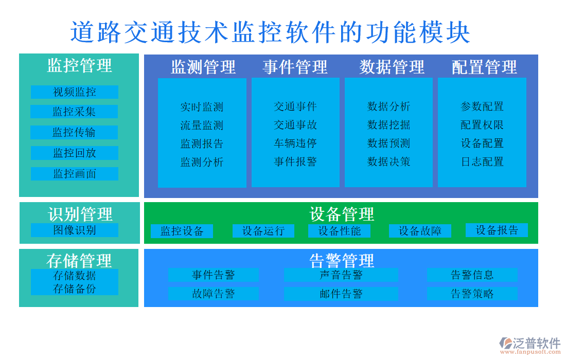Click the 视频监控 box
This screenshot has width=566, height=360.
coord(75,92)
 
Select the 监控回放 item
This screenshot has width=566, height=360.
coord(75,153)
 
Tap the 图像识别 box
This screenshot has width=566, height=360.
coord(75,230)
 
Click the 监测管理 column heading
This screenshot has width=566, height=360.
coord(203,67)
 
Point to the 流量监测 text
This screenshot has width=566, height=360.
coord(202,125)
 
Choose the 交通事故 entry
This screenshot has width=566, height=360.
coord(295,124)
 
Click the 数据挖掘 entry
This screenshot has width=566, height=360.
coord(388,124)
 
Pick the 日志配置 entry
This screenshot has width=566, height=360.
coord(482,161)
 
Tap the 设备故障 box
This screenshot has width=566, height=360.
coord(420,231)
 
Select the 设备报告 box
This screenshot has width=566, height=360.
coord(497,230)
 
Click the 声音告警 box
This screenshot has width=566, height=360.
coord(341,275)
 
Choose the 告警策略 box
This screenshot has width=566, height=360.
coord(472,294)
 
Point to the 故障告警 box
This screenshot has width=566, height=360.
coord(214,294)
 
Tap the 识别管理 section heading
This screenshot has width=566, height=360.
coord(80,214)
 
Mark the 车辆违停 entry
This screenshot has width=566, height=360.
coord(295,143)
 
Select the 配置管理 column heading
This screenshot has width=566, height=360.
coord(484,67)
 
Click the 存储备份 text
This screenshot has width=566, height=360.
coord(75,289)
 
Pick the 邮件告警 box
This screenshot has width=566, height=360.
coord(341,294)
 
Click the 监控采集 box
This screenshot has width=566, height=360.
coord(74,112)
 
